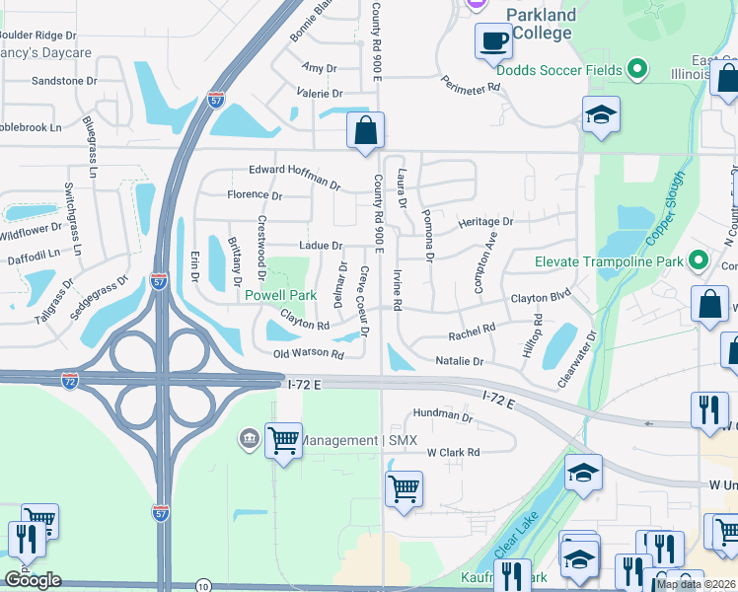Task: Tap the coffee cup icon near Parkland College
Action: click(x=493, y=42)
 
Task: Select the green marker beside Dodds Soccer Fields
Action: click(x=637, y=69)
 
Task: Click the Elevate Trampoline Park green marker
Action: click(x=699, y=260)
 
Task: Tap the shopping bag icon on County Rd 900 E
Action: click(x=365, y=130)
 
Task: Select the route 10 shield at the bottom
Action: click(x=202, y=584)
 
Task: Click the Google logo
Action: click(x=33, y=579)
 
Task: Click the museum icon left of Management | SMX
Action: click(x=248, y=437)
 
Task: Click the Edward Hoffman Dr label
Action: click(x=294, y=177)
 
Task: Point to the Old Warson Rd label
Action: click(x=309, y=353)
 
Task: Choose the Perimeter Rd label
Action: click(x=471, y=86)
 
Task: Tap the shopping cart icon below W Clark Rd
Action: click(x=405, y=487)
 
